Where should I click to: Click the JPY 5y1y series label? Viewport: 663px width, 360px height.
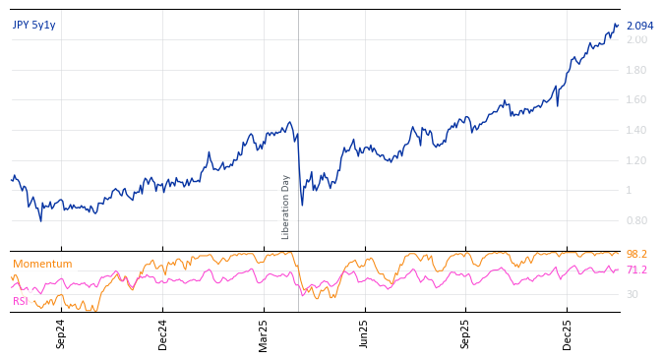coord(34,26)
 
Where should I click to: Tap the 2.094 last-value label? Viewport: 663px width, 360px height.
coord(639,27)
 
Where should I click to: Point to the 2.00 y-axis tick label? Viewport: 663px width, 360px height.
coord(637,39)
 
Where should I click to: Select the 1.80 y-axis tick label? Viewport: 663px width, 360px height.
coord(637,70)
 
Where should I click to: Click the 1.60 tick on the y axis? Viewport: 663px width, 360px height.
coord(637,100)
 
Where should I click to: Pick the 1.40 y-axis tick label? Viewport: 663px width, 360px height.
coord(637,131)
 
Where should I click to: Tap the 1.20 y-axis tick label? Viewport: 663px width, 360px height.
coord(637,160)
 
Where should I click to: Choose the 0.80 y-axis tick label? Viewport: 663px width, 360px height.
coord(637,221)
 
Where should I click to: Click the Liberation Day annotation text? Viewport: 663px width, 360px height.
coord(286,207)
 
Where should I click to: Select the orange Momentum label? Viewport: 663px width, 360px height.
coord(42,265)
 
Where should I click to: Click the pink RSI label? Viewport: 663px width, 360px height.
coord(21,301)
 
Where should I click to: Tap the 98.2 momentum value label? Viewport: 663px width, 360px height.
coord(636,255)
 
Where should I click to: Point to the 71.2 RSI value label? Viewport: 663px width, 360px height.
coord(636,270)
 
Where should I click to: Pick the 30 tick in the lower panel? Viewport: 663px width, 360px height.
coord(633,294)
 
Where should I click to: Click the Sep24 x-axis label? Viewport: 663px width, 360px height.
coord(61,334)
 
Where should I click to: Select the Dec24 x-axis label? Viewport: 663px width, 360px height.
coord(163,334)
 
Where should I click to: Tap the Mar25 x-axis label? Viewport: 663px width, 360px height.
coord(264,334)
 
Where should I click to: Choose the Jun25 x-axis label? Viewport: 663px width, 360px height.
coord(364,334)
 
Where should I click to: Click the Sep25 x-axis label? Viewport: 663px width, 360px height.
coord(466,334)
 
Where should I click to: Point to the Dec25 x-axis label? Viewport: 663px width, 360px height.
coord(568,334)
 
